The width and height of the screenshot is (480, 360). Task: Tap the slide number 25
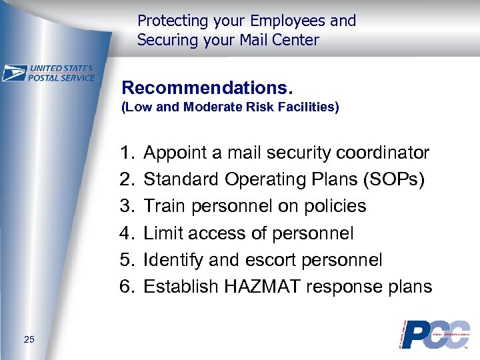pyautogui.click(x=29, y=340)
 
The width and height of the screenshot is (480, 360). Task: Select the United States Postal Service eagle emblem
pyautogui.click(x=14, y=73)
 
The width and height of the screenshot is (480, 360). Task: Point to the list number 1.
pyautogui.click(x=127, y=153)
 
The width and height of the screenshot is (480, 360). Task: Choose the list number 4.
pyautogui.click(x=127, y=233)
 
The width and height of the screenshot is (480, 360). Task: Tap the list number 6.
pyautogui.click(x=127, y=287)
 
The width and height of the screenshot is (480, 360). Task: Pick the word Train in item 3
pyautogui.click(x=165, y=207)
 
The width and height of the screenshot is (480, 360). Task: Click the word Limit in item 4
pyautogui.click(x=164, y=233)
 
